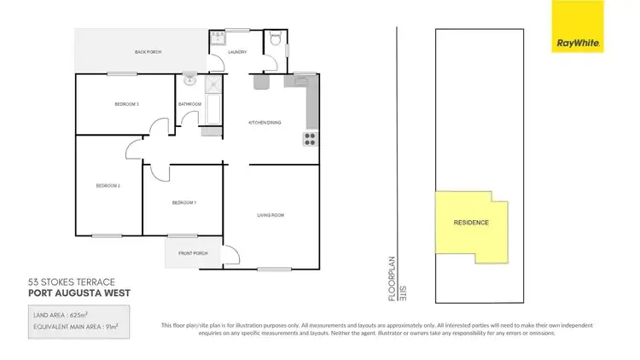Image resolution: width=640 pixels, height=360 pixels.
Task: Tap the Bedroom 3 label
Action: (x=127, y=104)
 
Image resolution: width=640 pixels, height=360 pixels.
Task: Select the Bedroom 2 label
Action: (x=108, y=185)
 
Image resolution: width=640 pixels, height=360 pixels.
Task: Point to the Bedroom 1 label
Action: (x=184, y=202)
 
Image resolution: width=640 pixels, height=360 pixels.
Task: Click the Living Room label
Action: (x=271, y=215)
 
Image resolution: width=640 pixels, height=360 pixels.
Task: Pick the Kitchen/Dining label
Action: (x=265, y=123)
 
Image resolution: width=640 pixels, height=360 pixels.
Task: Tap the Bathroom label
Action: (x=189, y=104)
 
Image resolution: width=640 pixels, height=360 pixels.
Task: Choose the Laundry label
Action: (x=237, y=52)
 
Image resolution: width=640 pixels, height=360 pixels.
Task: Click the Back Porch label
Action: (x=148, y=52)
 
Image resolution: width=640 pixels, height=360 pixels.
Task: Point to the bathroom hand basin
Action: (x=189, y=82)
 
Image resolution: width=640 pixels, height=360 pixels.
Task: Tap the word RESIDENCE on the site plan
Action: (x=471, y=223)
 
